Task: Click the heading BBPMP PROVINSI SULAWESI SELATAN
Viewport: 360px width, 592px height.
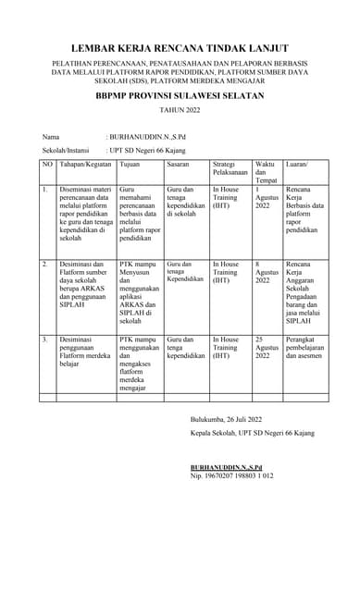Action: point(180,94)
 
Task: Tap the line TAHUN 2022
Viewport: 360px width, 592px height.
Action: point(180,110)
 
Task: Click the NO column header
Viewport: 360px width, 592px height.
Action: point(47,164)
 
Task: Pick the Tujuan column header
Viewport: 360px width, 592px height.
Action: point(130,164)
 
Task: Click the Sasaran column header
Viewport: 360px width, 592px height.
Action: point(179,164)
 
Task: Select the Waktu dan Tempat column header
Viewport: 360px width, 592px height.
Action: point(266,171)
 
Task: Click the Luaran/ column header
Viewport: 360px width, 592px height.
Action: point(297,164)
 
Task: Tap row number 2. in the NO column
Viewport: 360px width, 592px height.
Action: point(44,265)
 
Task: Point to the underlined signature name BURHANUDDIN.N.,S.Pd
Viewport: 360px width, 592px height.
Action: point(227,467)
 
